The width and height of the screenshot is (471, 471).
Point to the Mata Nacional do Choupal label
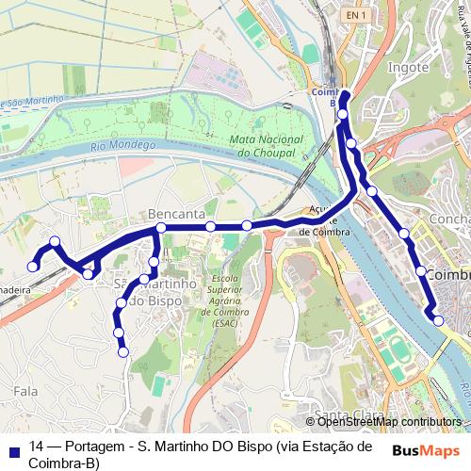click(x=263, y=144)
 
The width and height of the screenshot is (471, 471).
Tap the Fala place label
click(x=26, y=388)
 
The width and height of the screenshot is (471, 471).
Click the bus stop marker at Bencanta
click(x=161, y=228)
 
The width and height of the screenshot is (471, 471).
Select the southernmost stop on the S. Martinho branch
click(x=122, y=352)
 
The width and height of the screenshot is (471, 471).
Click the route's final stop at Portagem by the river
click(x=438, y=321)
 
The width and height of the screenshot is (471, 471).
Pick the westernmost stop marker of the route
click(x=33, y=267)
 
